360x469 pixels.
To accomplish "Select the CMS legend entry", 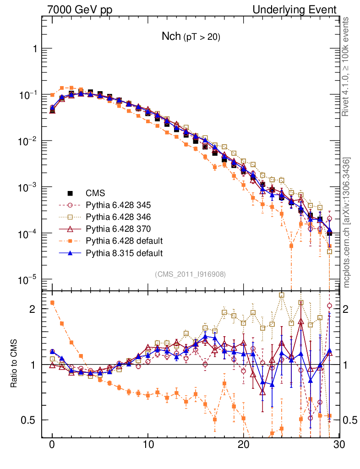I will tap(96, 193).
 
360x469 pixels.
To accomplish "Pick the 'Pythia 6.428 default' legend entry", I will tap(124, 240).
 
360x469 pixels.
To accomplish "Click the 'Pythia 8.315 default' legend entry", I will tap(124, 252).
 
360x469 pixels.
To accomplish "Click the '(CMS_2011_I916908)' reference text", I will tap(191, 274).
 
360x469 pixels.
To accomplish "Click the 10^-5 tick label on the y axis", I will tap(28, 280).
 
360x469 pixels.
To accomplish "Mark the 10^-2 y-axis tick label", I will tap(28, 142).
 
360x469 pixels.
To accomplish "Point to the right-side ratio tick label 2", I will tap(349, 309).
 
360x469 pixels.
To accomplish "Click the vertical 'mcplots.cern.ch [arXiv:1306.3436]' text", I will tap(347, 223).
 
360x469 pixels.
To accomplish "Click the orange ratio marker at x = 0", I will tap(52, 302).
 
